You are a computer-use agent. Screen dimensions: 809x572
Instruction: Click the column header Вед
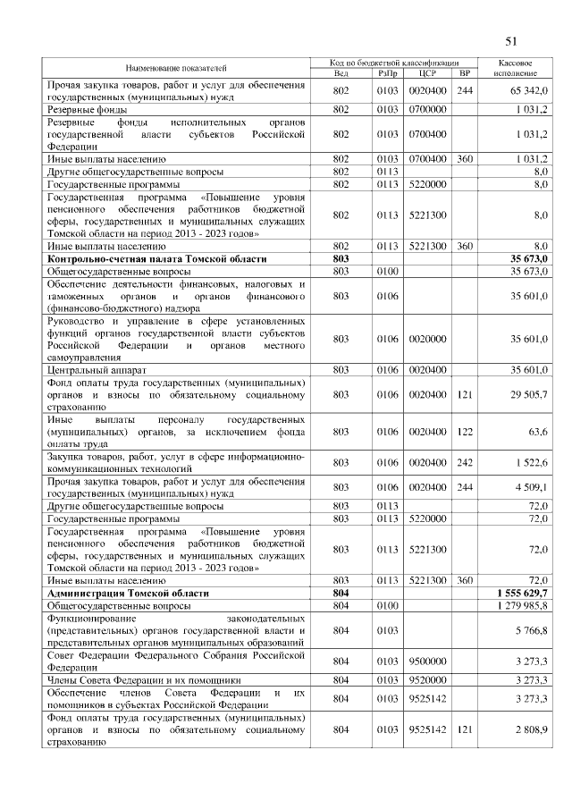click(340, 73)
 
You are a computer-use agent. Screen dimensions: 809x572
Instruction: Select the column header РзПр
click(387, 73)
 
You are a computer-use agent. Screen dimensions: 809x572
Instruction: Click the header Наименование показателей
click(176, 68)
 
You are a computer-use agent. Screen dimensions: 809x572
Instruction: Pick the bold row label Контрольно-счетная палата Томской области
click(156, 258)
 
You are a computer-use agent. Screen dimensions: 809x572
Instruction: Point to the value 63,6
click(537, 431)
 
